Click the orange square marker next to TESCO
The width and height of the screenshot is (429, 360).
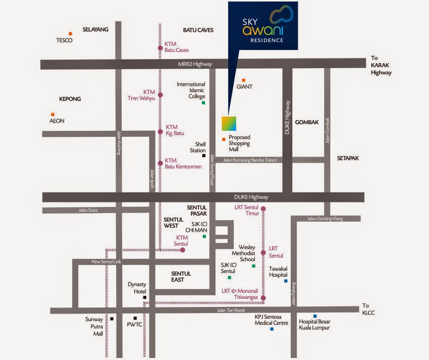70,34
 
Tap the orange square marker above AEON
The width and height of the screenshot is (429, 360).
52,114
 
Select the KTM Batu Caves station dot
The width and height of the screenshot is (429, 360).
160,49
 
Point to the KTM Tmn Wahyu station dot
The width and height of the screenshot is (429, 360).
160,95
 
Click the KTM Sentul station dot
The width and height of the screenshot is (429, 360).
183,249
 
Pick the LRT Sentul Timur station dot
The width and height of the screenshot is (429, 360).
262,208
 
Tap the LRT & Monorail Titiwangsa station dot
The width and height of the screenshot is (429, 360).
262,298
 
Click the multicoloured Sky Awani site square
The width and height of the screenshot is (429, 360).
229,124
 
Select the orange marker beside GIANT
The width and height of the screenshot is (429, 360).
243,80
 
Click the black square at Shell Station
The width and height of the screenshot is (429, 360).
203,156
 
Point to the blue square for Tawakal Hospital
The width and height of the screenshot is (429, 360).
286,281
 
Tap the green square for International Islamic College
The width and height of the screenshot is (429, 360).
203,103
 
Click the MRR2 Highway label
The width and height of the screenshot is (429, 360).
195,64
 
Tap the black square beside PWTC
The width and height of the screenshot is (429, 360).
135,318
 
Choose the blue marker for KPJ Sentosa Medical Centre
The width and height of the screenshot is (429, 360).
272,329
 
